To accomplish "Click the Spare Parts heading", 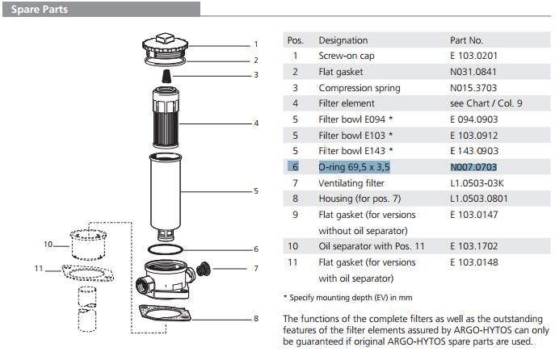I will (x=38, y=10).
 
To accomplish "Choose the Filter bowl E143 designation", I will (x=355, y=151).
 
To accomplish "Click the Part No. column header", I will (x=466, y=40).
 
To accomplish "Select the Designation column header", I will (x=343, y=40).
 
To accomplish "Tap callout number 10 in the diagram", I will (x=48, y=244).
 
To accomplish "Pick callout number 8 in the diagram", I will (x=256, y=318).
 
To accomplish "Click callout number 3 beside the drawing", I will (x=256, y=75).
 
